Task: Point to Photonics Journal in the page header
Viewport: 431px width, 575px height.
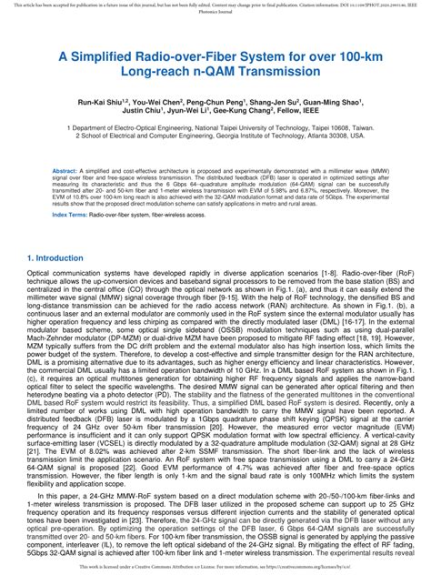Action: pos(215,14)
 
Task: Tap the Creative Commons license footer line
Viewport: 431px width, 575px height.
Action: pos(215,566)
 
